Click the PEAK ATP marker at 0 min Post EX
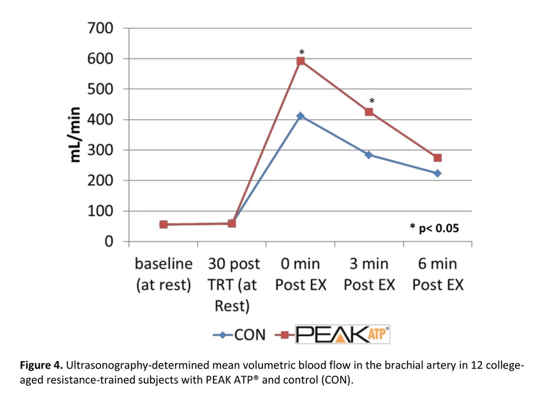tap(301, 61)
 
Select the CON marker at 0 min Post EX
tap(301, 116)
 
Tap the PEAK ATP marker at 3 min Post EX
tap(369, 112)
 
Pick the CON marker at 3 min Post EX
tap(369, 154)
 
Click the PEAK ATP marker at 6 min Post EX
tap(438, 158)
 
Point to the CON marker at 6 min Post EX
tap(438, 173)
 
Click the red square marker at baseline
tap(164, 224)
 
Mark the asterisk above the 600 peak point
tap(301, 52)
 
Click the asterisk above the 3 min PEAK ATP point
tap(372, 101)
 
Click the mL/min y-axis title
tap(77, 134)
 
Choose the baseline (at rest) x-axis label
tap(163, 274)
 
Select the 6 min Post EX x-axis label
tap(438, 274)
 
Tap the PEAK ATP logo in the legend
tap(342, 334)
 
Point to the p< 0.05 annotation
tap(434, 228)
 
